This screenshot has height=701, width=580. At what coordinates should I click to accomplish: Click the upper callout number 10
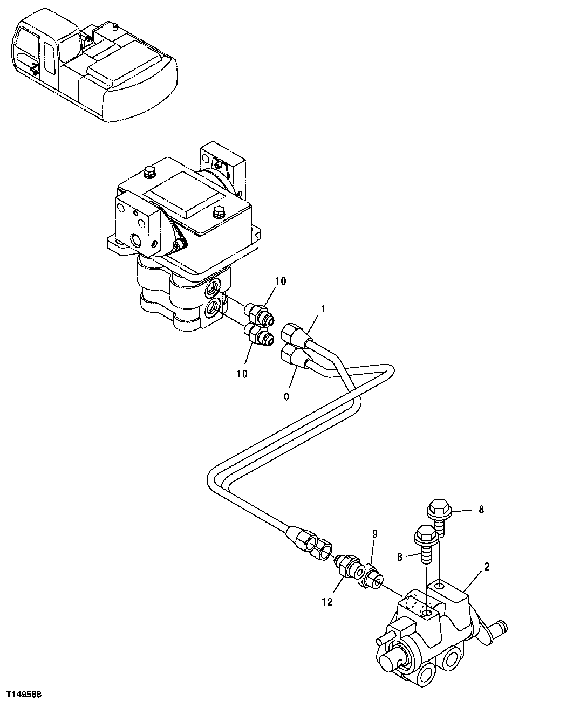coord(280,281)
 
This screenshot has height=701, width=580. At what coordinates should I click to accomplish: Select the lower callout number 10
coord(242,374)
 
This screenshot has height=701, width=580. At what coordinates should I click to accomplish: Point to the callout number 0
coord(286,396)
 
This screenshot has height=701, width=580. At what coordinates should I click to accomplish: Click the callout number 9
coord(374,534)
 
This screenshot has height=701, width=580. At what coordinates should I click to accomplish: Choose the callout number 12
coord(327,602)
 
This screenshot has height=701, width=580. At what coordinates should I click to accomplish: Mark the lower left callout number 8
coord(400,557)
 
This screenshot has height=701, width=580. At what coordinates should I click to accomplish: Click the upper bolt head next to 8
coord(436,508)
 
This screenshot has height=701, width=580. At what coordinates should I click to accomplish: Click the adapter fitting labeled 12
coord(345,565)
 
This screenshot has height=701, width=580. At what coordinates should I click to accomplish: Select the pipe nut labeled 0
coord(293,356)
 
